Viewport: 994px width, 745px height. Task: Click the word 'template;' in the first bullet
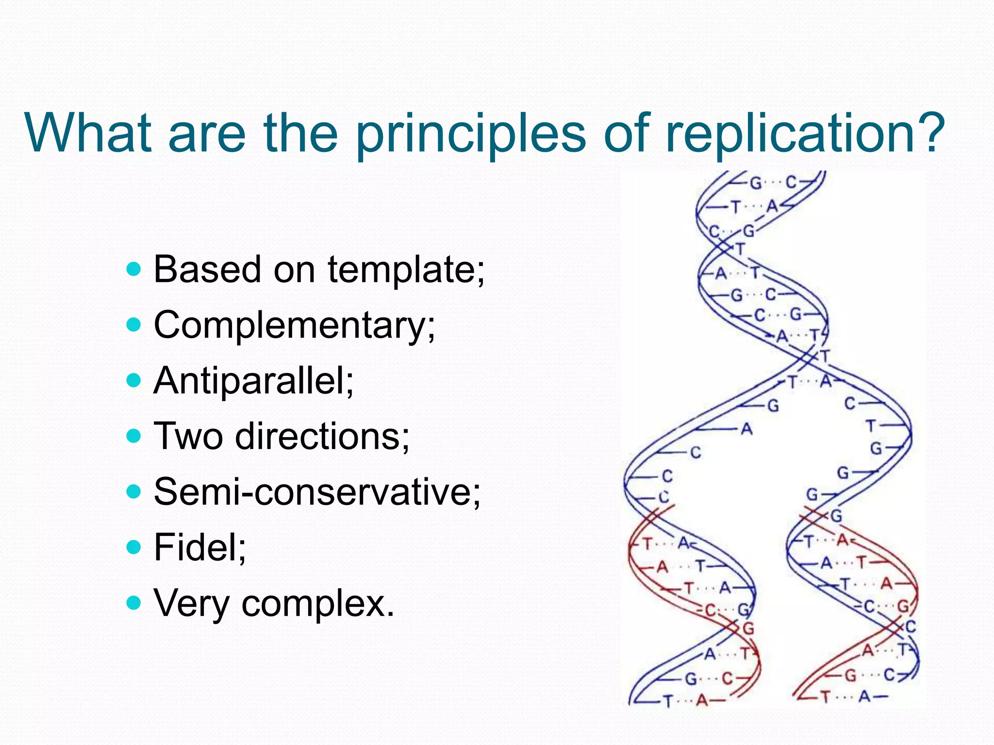[x=406, y=270]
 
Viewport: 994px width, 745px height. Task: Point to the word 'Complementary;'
[x=295, y=325]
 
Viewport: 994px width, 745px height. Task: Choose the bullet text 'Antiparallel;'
[x=254, y=380]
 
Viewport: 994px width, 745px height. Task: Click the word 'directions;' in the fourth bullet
[x=322, y=436]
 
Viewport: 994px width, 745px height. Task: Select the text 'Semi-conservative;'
[x=317, y=491]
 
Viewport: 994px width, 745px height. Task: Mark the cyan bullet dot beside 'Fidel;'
[x=133, y=548]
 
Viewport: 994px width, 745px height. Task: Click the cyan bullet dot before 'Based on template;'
[x=133, y=269]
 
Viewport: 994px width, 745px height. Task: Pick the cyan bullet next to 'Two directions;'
[x=133, y=436]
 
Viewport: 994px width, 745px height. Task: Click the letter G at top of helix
[x=756, y=183]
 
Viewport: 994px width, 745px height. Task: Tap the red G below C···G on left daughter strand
[x=748, y=629]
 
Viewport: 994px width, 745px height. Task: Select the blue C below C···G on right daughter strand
[x=911, y=627]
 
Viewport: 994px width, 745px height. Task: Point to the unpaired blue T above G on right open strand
[x=871, y=426]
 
